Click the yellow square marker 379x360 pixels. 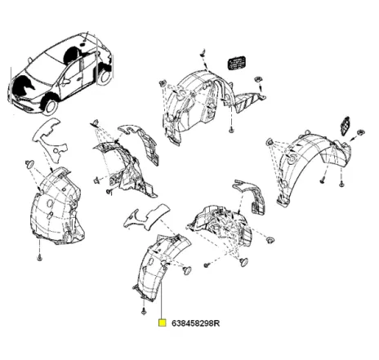[163, 322]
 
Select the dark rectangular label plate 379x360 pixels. [235, 63]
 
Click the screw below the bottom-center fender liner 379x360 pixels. [144, 311]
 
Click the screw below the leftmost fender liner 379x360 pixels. [38, 257]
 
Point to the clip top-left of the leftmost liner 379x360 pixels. [31, 164]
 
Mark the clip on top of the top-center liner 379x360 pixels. [202, 55]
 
